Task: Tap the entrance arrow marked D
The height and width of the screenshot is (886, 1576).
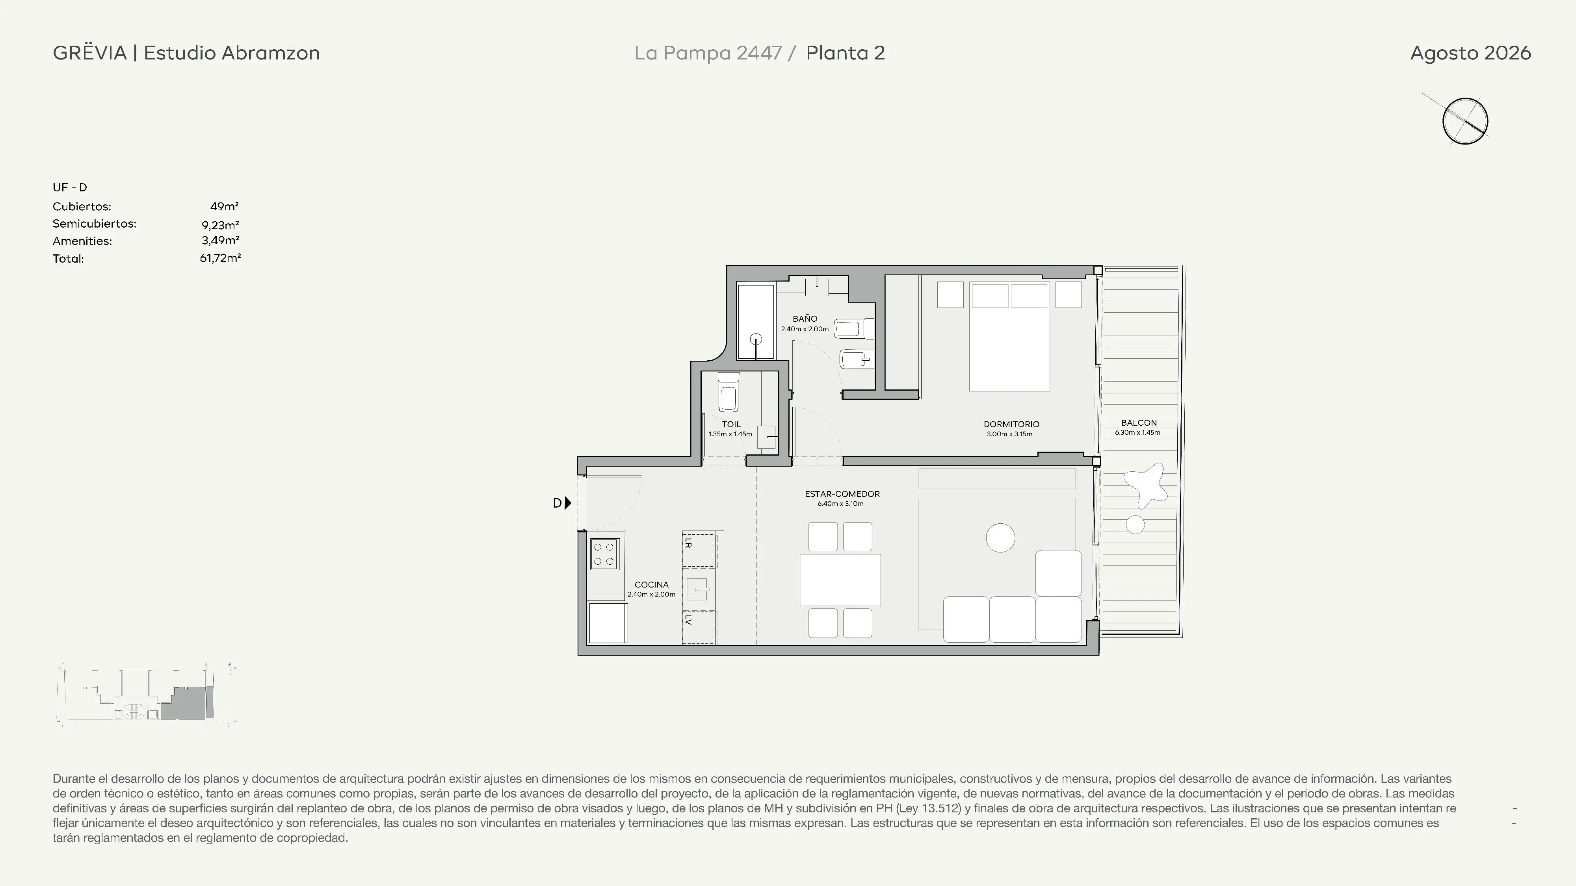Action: tap(569, 502)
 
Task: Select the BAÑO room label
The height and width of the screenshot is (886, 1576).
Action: tap(805, 319)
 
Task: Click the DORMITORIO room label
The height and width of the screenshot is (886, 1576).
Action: tap(1011, 424)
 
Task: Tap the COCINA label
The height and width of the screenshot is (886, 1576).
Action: tap(652, 584)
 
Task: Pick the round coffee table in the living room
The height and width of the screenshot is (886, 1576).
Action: tap(1000, 538)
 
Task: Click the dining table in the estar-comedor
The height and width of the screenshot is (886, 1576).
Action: tap(840, 580)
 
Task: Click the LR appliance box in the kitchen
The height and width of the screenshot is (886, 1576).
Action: tap(698, 551)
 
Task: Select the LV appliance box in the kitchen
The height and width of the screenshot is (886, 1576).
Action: tap(698, 627)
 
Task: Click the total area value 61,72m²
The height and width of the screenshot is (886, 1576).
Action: tap(220, 258)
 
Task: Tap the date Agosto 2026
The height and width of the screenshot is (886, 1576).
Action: tap(1470, 53)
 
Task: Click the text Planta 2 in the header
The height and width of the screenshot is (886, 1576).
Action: tap(846, 53)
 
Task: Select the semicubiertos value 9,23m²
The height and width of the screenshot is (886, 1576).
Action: tap(220, 224)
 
